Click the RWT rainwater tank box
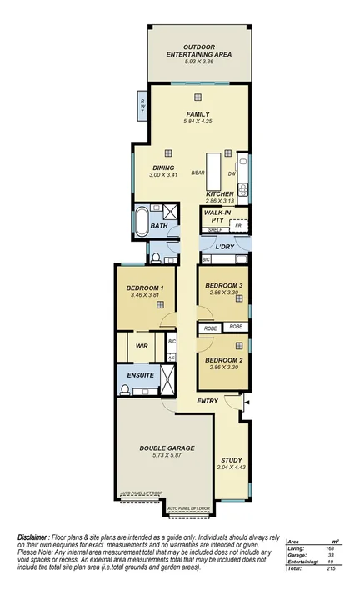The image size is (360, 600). [142, 104]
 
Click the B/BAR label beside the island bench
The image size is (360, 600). [197, 172]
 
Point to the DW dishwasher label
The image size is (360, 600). [232, 173]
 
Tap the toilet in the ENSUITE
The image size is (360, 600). [125, 389]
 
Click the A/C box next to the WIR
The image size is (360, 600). [172, 357]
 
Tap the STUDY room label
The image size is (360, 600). [231, 460]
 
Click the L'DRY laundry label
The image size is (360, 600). [224, 247]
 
